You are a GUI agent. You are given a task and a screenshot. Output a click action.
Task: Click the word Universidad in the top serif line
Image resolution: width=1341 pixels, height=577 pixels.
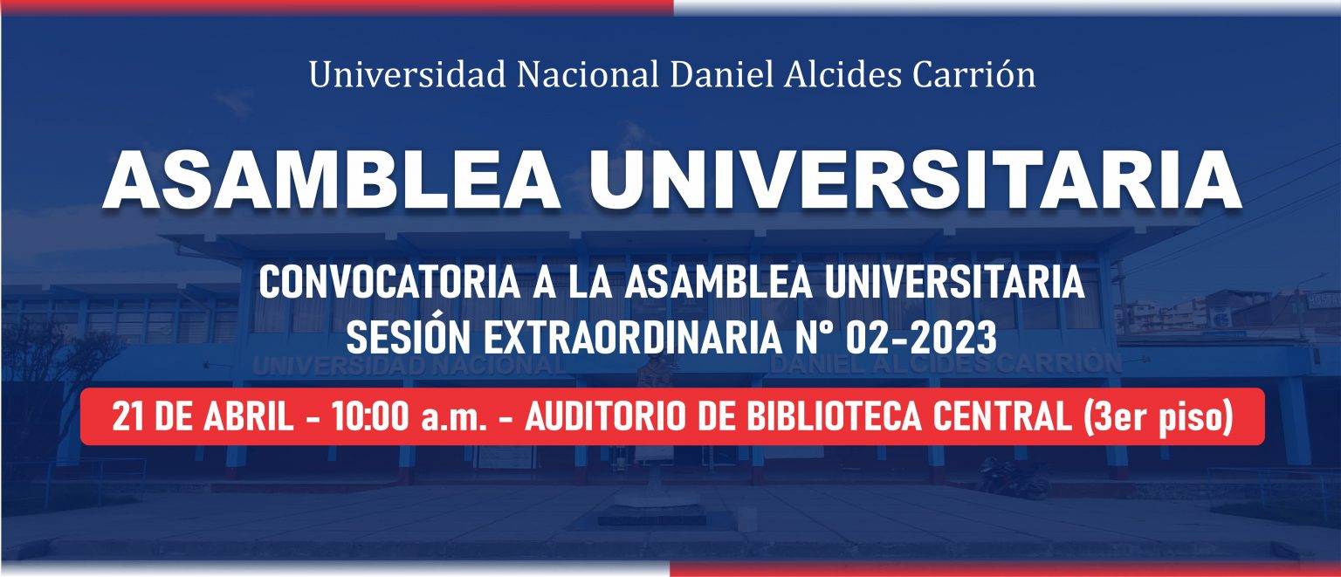click(407, 75)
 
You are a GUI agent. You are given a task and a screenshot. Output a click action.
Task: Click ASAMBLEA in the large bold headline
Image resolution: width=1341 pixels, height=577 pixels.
click(332, 181)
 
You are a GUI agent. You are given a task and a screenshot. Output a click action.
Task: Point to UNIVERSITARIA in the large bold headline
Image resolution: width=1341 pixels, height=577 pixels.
click(915, 181)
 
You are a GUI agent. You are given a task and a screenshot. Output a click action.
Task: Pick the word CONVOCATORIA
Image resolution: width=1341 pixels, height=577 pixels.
click(389, 283)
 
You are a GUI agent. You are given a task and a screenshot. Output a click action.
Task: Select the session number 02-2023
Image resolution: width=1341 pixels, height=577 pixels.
click(921, 338)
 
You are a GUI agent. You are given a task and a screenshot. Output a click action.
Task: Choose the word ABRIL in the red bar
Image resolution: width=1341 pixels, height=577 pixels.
click(249, 416)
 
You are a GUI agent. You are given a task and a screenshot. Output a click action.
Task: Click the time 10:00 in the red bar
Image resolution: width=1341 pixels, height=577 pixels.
click(369, 416)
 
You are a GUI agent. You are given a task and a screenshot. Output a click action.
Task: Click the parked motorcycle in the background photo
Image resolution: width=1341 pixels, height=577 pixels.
click(1014, 477)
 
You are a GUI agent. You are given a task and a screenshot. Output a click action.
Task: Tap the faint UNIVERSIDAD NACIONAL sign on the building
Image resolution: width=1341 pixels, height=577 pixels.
click(408, 366)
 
